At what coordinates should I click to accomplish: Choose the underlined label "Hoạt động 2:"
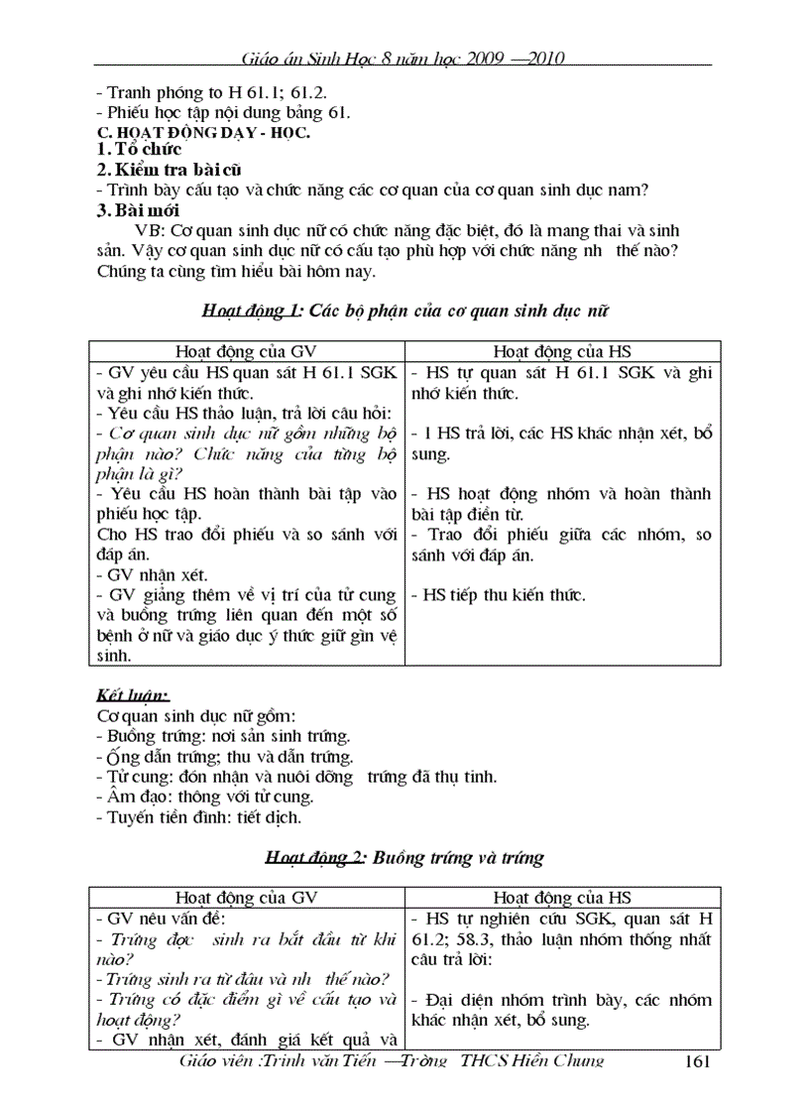[314, 858]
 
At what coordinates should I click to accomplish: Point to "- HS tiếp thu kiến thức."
[498, 595]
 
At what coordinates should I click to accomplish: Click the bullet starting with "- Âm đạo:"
[202, 797]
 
